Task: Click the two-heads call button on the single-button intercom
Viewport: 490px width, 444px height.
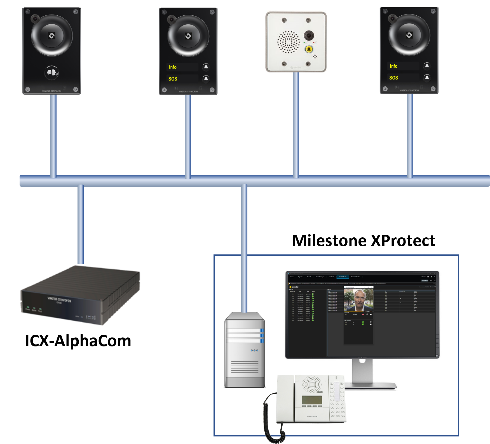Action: coord(52,73)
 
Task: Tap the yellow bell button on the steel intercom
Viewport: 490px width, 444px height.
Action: coord(309,49)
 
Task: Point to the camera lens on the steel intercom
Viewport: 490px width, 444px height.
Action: coord(309,36)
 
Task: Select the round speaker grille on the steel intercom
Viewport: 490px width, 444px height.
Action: coord(288,42)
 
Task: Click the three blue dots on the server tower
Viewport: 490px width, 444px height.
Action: coord(254,350)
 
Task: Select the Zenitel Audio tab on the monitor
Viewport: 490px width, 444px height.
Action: coord(343,277)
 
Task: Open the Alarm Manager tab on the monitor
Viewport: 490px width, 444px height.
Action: coord(320,277)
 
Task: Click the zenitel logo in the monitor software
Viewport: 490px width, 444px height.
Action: coord(294,287)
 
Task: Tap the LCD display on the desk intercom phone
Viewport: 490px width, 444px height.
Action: coord(312,400)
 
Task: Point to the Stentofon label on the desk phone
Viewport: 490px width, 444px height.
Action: coord(312,416)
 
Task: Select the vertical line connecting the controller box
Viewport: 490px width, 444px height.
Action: coord(81,224)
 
